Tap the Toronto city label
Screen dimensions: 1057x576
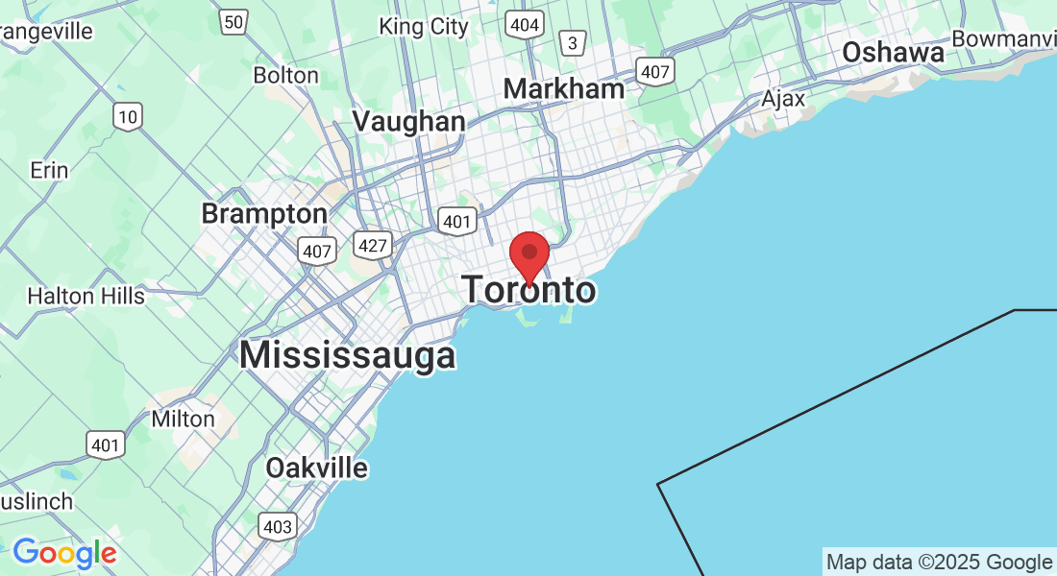pos(529,289)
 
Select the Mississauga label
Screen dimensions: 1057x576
pos(347,355)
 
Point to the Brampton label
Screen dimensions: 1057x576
pos(264,212)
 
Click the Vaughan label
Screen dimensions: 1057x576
pos(409,121)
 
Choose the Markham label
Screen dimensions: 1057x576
pos(564,89)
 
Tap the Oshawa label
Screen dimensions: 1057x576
pos(893,53)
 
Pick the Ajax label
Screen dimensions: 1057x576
pos(783,99)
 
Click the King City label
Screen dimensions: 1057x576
pos(424,26)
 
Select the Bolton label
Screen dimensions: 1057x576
pos(285,75)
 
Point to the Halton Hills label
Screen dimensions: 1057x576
pos(86,296)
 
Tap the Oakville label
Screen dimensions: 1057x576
pos(317,468)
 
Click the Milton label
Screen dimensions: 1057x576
pos(184,419)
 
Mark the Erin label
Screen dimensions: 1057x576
pos(49,170)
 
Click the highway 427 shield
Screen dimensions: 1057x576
pos(372,245)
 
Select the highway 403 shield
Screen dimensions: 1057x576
pos(277,525)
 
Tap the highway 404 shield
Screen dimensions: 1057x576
pos(525,24)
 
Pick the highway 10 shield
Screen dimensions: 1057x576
pos(127,117)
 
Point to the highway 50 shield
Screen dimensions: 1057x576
pos(233,21)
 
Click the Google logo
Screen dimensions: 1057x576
pos(64,553)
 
